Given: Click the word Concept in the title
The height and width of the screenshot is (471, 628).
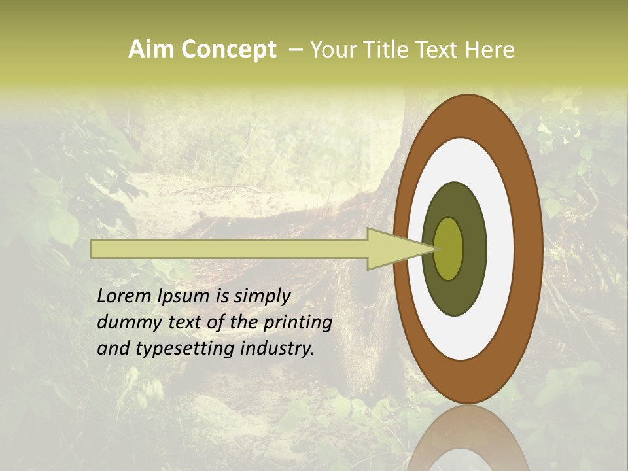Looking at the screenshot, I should [228, 50].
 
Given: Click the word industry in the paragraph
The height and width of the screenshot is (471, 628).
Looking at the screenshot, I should [277, 348].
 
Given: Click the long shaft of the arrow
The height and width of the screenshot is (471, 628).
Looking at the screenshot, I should [229, 249].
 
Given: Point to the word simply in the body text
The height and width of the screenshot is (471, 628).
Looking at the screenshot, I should [262, 296].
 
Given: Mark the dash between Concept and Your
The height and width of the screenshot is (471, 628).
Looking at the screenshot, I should [295, 50].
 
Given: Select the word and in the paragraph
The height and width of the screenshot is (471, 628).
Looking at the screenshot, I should [112, 348].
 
